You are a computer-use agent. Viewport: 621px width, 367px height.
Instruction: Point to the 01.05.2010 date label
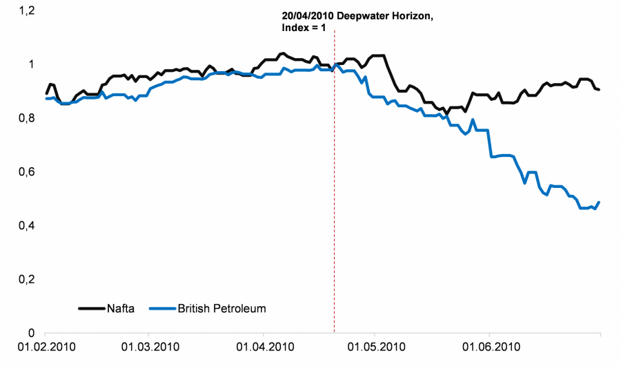point(375,346)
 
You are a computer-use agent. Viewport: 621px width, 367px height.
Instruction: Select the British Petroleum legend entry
point(221,308)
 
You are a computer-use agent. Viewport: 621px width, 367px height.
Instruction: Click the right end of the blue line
point(599,203)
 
